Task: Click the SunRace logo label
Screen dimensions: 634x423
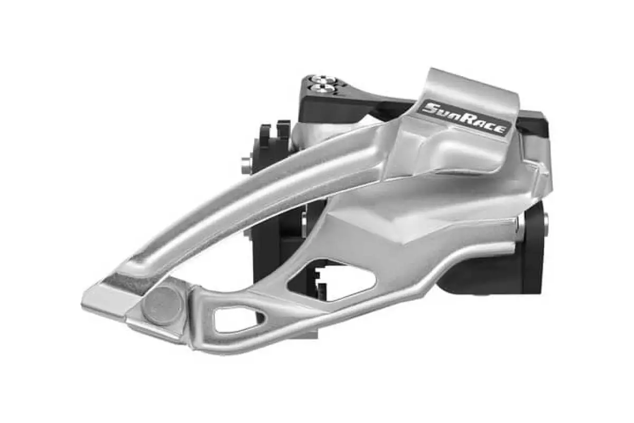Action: pyautogui.click(x=464, y=118)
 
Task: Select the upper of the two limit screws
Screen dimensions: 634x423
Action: pyautogui.click(x=323, y=79)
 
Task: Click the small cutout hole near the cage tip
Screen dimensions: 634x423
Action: pyautogui.click(x=238, y=320)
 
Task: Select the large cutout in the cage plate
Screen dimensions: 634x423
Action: pyautogui.click(x=331, y=280)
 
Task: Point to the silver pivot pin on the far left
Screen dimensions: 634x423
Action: pyautogui.click(x=246, y=165)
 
